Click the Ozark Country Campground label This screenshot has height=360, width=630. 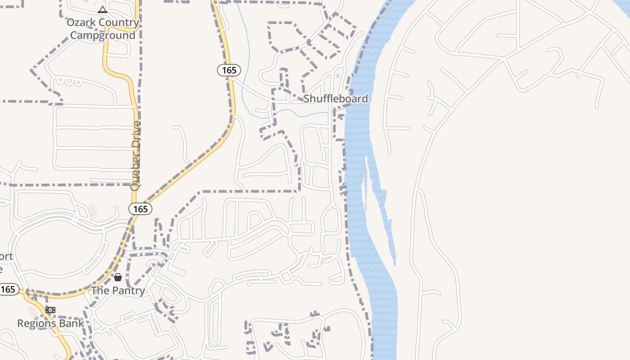tap(103, 29)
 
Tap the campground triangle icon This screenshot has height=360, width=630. tap(103, 9)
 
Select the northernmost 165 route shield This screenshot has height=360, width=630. tap(229, 70)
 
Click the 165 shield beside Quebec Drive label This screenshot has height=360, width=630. tap(140, 209)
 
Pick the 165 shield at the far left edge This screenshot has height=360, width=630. tap(8, 289)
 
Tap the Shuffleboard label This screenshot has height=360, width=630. tap(336, 99)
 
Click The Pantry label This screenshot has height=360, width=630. tap(118, 291)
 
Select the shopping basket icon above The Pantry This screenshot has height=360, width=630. tap(118, 277)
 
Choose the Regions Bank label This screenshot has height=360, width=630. tap(50, 323)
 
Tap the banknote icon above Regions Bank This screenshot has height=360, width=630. tap(50, 310)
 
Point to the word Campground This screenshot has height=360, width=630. tap(103, 36)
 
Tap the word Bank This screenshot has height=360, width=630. tap(73, 323)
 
